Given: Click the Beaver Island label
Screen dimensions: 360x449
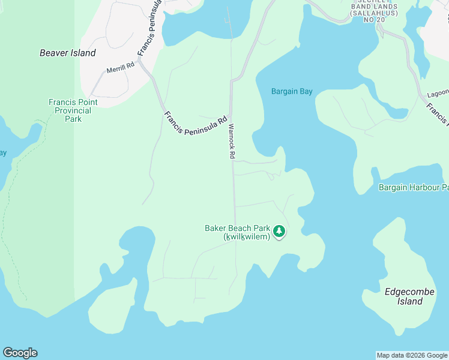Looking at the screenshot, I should pyautogui.click(x=68, y=53).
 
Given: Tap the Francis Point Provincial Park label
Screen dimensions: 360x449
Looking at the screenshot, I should pyautogui.click(x=73, y=110).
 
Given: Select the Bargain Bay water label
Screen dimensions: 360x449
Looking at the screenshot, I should pyautogui.click(x=292, y=92).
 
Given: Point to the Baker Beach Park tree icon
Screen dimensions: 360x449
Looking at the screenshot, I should pyautogui.click(x=279, y=231).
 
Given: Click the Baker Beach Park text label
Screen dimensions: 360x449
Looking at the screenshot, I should pyautogui.click(x=238, y=229).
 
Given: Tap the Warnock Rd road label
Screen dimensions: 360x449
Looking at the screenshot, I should pyautogui.click(x=231, y=141).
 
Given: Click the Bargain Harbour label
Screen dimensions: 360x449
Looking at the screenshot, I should pyautogui.click(x=414, y=188).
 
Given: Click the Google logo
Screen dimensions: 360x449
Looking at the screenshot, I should pyautogui.click(x=20, y=353).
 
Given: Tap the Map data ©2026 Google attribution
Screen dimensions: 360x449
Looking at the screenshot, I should pyautogui.click(x=412, y=355).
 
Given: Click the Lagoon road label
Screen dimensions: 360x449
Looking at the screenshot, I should pyautogui.click(x=438, y=94).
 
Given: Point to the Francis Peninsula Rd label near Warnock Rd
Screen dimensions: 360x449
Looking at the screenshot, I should pyautogui.click(x=196, y=125).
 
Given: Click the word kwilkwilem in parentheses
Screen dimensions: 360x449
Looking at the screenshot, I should pyautogui.click(x=249, y=237).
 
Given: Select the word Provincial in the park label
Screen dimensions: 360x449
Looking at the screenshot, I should pyautogui.click(x=73, y=110).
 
